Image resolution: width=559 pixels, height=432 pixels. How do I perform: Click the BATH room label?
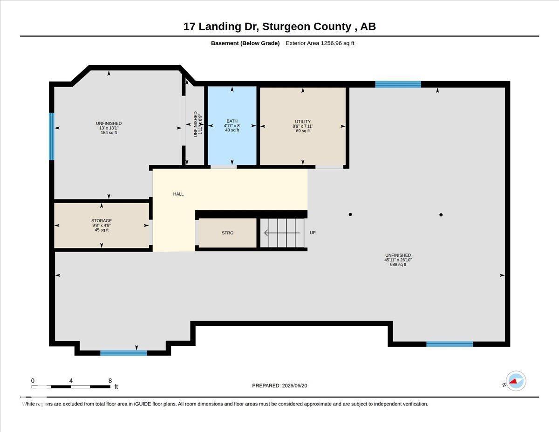[x=232, y=121]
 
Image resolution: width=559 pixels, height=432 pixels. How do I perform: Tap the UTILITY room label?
[x=303, y=122]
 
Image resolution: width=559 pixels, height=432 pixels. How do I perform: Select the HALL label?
[x=178, y=194]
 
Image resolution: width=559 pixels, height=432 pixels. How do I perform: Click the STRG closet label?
[x=227, y=233]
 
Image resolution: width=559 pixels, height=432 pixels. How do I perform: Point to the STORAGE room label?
[x=102, y=221]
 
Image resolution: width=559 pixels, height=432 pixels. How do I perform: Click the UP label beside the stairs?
[x=313, y=233]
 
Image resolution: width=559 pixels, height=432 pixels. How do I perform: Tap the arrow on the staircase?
[x=282, y=233]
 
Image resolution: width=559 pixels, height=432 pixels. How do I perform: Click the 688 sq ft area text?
[x=398, y=265]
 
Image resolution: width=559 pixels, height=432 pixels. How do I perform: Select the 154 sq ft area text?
[x=109, y=133]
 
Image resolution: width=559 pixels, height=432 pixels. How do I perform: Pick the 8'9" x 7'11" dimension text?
[x=303, y=126]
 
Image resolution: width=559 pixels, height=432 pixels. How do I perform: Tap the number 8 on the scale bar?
[x=110, y=381]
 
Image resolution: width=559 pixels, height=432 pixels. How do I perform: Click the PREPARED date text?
[x=279, y=385]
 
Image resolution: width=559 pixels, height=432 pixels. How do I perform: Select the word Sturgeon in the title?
[x=307, y=27]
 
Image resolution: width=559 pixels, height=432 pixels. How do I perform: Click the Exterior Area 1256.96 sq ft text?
[x=320, y=43]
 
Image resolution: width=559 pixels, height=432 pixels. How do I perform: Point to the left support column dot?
[x=350, y=214]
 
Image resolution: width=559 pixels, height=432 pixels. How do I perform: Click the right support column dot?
[x=441, y=215]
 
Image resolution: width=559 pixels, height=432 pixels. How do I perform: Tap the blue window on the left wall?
[x=52, y=137]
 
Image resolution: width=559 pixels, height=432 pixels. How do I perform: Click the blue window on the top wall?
[x=398, y=84]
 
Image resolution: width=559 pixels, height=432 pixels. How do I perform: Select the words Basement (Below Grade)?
[x=245, y=43]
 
